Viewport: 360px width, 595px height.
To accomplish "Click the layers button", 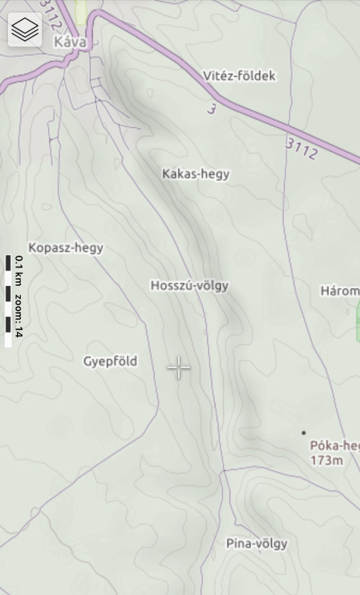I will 25,29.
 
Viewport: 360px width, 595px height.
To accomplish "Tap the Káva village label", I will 70,43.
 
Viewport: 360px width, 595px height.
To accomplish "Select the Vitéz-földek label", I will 239,76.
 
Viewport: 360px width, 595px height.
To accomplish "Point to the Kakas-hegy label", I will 196,174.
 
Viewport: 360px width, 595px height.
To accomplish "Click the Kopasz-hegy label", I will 66,248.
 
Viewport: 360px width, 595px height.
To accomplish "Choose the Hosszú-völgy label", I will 190,285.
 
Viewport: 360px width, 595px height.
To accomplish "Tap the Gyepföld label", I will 111,361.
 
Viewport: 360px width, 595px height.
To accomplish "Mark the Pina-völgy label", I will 256,543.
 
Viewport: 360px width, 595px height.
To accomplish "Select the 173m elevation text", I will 326,460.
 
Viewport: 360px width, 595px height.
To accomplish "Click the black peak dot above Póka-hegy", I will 303,432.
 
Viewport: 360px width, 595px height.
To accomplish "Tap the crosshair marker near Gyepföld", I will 179,368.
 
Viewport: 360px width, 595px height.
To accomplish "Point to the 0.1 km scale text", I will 19,272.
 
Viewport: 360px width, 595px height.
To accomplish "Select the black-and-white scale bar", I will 8,301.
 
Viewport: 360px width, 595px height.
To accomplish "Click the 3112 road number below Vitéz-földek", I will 301,148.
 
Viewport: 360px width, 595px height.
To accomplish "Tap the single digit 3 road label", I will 211,108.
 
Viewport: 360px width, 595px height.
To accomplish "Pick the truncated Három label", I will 340,291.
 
